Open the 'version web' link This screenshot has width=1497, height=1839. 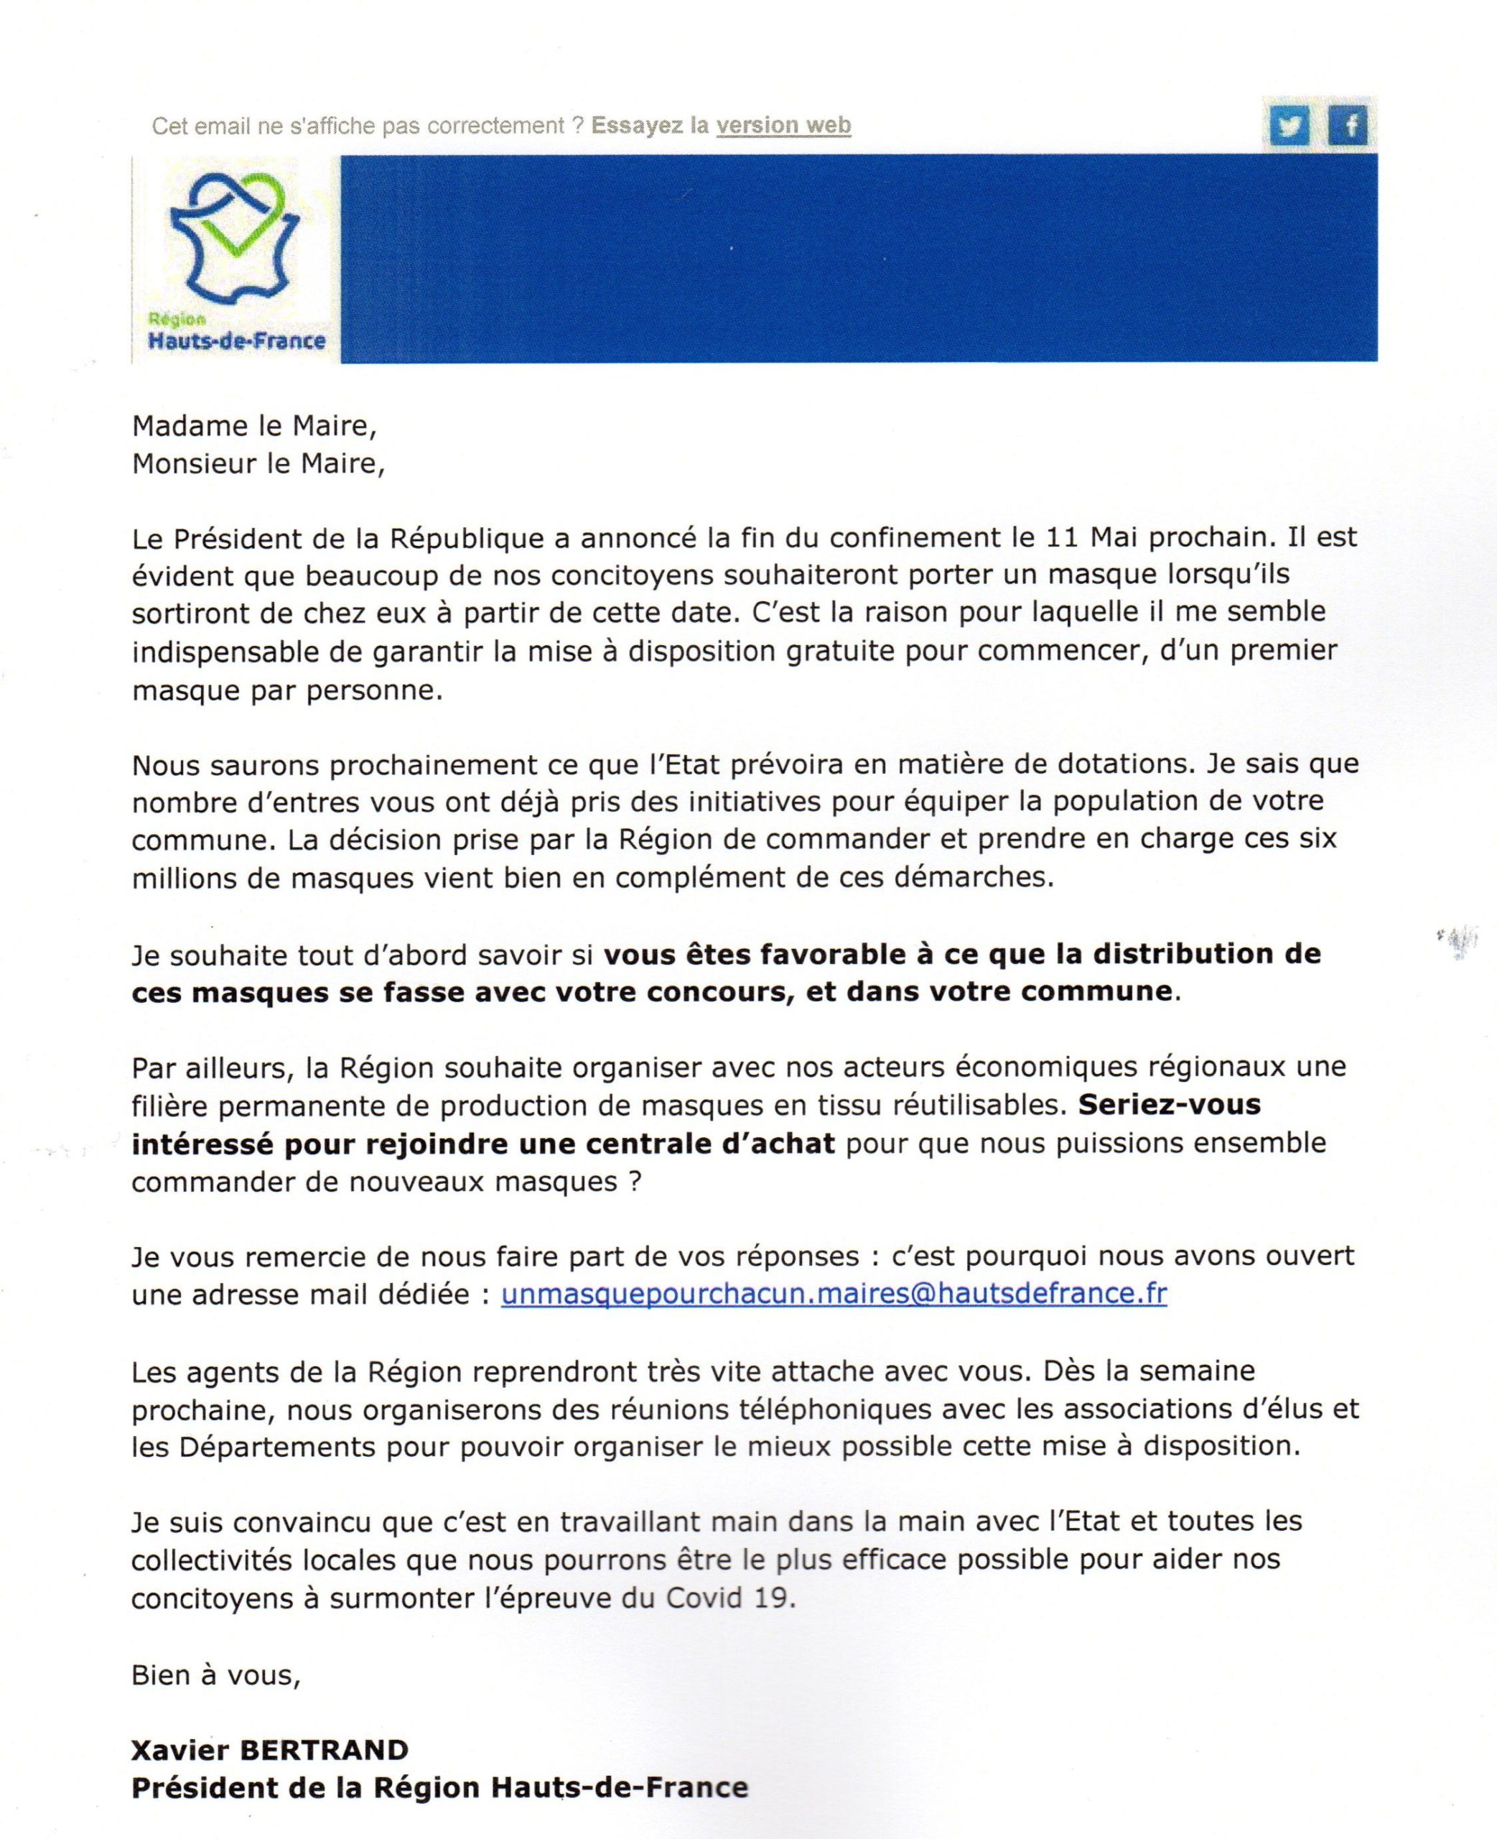[x=783, y=125]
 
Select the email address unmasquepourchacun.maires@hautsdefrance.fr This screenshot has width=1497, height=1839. [x=834, y=1293]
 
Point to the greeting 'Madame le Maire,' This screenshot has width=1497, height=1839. [x=254, y=426]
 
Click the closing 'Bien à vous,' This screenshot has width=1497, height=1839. [x=215, y=1675]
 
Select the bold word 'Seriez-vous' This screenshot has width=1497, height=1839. [x=1170, y=1104]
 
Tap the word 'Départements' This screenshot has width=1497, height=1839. [x=278, y=1447]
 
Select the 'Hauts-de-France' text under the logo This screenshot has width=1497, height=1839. [x=236, y=341]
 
